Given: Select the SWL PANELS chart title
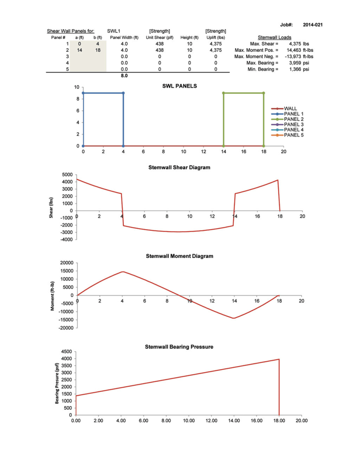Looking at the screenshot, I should (180, 86).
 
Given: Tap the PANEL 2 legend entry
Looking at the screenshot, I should (293, 119).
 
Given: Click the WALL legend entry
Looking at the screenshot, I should (290, 109).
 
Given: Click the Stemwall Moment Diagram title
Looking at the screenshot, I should (180, 256).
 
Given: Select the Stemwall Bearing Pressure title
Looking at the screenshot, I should (179, 347).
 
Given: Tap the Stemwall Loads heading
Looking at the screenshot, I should (274, 37).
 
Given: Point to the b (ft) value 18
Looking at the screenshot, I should (97, 50).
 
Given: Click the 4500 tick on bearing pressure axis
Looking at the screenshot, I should (67, 352).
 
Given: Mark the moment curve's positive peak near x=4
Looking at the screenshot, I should (122, 271).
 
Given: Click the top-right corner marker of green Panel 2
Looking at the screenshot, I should (264, 93).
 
